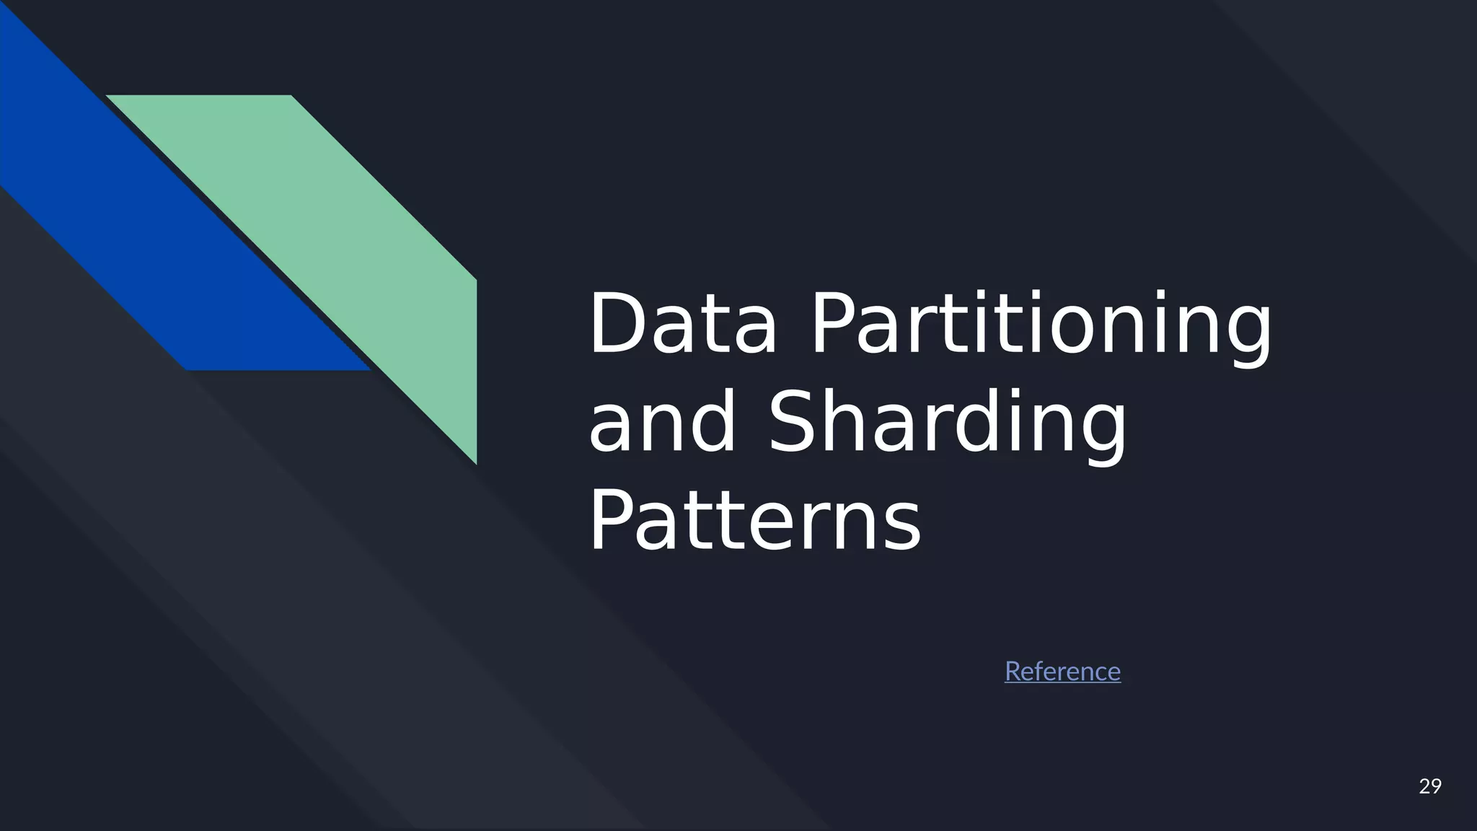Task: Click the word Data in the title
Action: [682, 324]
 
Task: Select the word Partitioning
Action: [1041, 324]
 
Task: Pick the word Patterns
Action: [754, 520]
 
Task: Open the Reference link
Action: [1062, 672]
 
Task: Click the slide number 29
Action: [1429, 786]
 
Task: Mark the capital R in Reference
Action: [1013, 672]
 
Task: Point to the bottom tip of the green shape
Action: [475, 462]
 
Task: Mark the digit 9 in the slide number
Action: [1435, 786]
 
